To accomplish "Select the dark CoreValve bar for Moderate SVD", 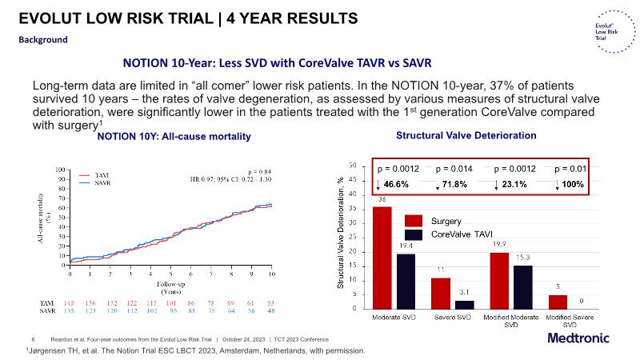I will pyautogui.click(x=406, y=281).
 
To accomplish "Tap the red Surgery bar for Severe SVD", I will pyautogui.click(x=441, y=293).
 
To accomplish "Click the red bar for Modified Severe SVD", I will pyautogui.click(x=558, y=302).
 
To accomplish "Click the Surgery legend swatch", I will pyautogui.click(x=413, y=220).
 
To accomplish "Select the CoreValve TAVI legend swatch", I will pyautogui.click(x=413, y=235).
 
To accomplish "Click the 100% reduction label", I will pyautogui.click(x=574, y=184).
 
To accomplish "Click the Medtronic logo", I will pyautogui.click(x=580, y=338).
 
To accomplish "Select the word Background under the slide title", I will pyautogui.click(x=43, y=40).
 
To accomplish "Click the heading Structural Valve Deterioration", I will pyautogui.click(x=466, y=135).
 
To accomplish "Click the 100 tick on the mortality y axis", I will pyautogui.click(x=58, y=170).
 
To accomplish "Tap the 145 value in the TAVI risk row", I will pyautogui.click(x=70, y=304).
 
